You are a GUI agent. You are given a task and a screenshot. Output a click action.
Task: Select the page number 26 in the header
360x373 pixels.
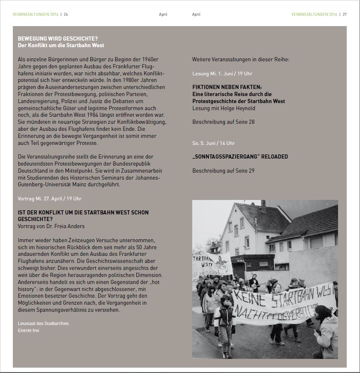click(x=66, y=14)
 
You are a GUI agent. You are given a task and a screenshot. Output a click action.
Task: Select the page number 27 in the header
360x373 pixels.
click(x=344, y=14)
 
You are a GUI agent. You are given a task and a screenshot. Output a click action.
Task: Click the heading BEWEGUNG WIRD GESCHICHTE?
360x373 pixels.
click(x=58, y=39)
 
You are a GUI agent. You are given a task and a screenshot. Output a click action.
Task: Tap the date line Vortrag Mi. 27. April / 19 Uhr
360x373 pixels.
click(x=50, y=199)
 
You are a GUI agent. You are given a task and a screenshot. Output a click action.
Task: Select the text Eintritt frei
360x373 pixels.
click(x=29, y=330)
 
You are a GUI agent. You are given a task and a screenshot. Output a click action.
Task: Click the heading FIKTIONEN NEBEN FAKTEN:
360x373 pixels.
click(x=227, y=87)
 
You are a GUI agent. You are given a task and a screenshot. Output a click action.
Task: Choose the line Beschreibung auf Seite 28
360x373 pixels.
click(x=223, y=122)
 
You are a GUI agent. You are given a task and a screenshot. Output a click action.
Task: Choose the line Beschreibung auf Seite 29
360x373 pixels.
click(x=223, y=171)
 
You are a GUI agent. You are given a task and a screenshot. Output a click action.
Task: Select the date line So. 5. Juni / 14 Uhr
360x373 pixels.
click(x=213, y=143)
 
